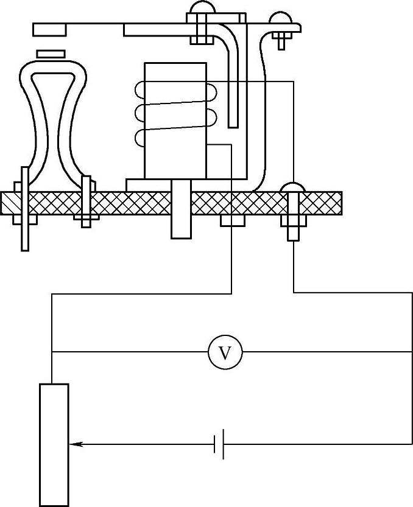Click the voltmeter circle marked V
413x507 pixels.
(225, 352)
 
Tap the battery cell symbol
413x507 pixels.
(219, 444)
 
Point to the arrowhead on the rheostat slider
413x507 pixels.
(76, 444)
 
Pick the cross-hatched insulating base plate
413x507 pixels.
(122, 203)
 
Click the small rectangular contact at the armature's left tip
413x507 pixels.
(51, 29)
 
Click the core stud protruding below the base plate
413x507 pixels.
(181, 219)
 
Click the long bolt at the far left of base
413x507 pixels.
(24, 207)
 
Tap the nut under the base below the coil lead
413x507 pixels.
(232, 220)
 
